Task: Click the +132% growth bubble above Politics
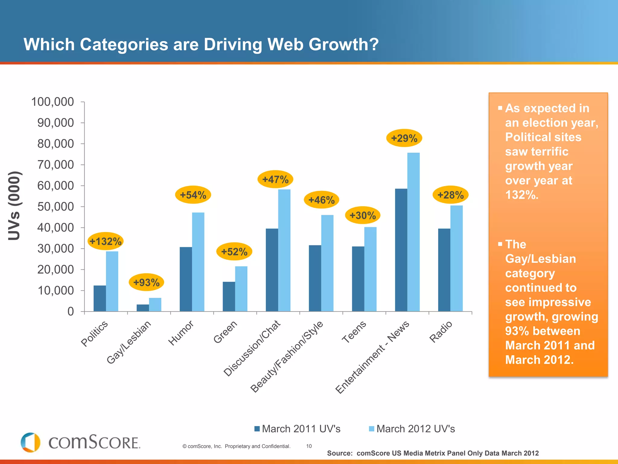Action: click(105, 241)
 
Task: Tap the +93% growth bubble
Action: click(146, 282)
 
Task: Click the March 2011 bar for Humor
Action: click(186, 279)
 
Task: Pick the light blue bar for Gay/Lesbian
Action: click(155, 304)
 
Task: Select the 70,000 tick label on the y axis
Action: click(56, 165)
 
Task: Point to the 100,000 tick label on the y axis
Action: click(53, 102)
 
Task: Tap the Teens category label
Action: click(354, 332)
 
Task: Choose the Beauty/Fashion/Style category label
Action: click(287, 357)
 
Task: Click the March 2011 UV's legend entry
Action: click(298, 429)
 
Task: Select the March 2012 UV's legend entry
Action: click(412, 429)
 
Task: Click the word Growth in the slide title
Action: click(343, 44)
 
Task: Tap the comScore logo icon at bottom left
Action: click(30, 442)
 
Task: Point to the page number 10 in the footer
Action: click(309, 446)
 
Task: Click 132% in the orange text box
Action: click(521, 195)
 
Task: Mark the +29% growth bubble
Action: click(404, 138)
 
